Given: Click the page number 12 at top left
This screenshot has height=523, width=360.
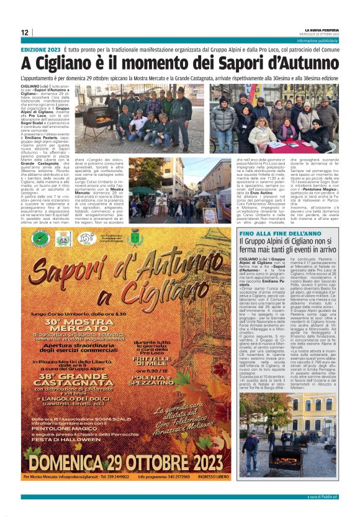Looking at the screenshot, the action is coord(24,32).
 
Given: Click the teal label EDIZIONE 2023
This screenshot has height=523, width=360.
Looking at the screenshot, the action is coord(41,49).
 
